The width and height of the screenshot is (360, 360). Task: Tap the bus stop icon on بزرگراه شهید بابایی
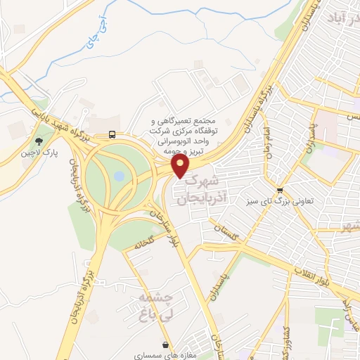(x=112, y=134)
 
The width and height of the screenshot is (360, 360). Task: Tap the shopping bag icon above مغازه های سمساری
(x=165, y=345)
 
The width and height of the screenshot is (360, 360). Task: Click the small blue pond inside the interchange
(x=120, y=174)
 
